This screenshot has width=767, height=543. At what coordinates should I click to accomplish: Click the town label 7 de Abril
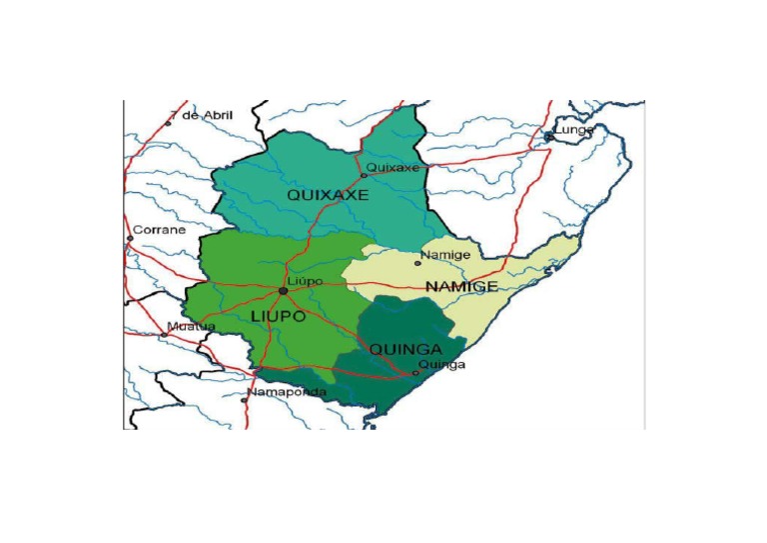[x=203, y=116]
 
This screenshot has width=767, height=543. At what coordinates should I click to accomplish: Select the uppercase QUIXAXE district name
[x=328, y=196]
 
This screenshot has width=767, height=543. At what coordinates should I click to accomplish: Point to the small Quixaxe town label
[x=393, y=167]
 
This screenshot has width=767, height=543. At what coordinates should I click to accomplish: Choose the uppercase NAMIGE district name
[x=459, y=287]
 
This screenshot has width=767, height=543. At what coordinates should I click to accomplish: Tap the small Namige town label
[x=445, y=255]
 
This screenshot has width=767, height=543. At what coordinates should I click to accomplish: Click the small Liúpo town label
[x=305, y=282]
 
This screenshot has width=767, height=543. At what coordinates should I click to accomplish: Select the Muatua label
[x=189, y=326]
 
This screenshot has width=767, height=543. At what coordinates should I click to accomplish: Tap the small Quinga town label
[x=441, y=365]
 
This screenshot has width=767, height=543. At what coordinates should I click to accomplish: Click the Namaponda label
[x=287, y=393]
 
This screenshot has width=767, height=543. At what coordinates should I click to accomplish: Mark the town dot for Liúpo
[x=284, y=291]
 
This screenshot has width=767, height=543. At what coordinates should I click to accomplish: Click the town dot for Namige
[x=417, y=263]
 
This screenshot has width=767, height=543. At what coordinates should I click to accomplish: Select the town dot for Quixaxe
[x=364, y=175]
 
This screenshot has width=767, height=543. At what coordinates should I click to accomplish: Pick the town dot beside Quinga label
[x=414, y=373]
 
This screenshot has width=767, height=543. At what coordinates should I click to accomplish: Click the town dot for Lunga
[x=548, y=137]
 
